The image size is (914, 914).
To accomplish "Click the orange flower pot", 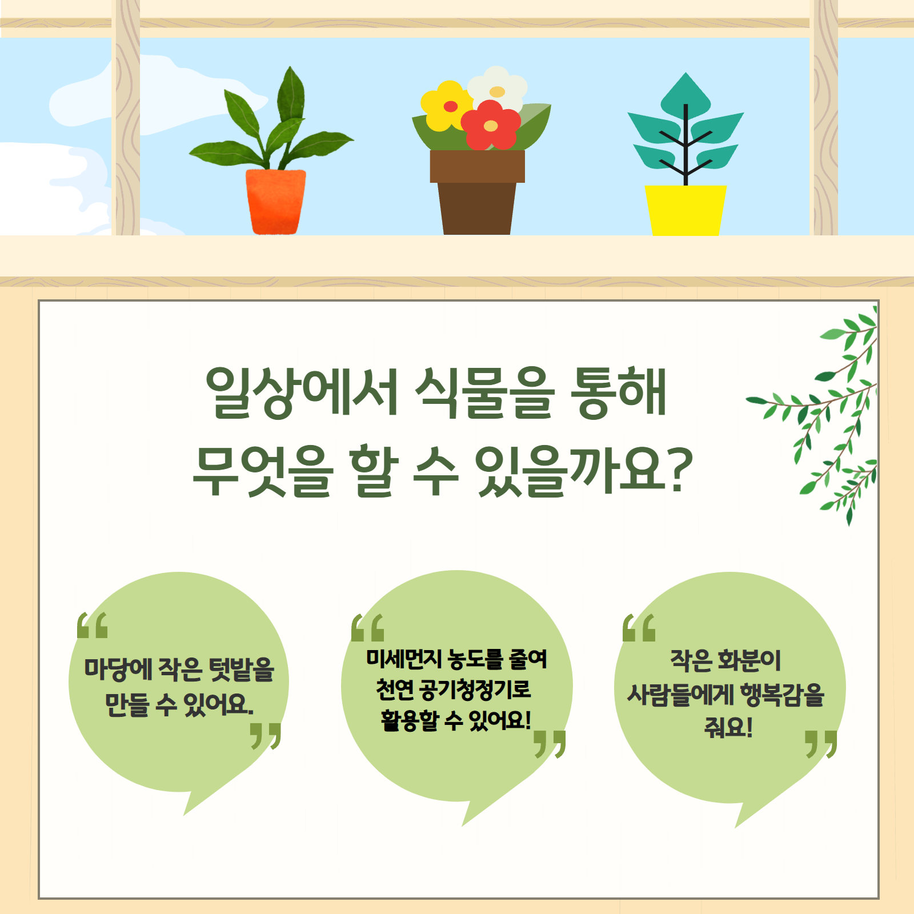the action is tap(275, 202).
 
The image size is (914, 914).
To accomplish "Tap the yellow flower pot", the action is tap(685, 210).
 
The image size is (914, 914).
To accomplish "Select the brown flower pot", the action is tap(477, 192).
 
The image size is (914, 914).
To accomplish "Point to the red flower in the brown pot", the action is tap(491, 125).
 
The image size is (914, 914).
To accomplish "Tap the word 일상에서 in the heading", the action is tap(301, 392).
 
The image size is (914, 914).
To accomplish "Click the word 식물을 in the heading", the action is tap(484, 392).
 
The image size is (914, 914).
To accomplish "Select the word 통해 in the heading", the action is tap(619, 392).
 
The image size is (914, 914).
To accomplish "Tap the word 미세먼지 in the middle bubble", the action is tap(404, 659).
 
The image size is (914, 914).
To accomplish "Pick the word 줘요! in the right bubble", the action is tap(728, 727).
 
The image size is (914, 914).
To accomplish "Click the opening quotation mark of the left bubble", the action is tap(93, 625).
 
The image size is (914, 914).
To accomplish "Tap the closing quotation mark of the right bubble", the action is tap(821, 744).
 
